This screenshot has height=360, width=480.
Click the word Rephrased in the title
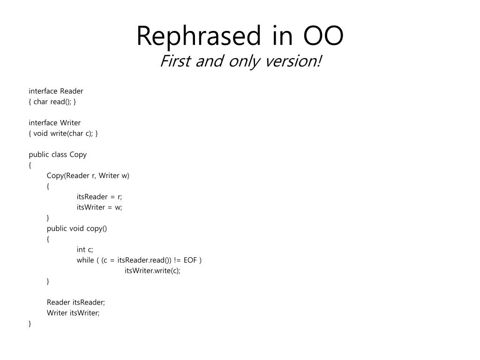(199, 37)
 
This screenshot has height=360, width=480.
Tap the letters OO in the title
(323, 36)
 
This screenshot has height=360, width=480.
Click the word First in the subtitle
(175, 60)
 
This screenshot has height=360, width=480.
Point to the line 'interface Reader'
(56, 91)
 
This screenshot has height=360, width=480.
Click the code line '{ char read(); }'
(52, 102)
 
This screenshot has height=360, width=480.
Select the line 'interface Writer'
(55, 123)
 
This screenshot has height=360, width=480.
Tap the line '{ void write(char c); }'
(63, 134)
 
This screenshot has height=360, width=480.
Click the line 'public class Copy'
(58, 155)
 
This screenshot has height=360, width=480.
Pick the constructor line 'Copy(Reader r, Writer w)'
(88, 176)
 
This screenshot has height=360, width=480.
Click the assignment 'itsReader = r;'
(99, 197)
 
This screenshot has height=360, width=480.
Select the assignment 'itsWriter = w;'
(99, 207)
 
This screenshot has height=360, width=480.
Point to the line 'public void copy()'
(77, 229)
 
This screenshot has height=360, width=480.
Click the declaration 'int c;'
(85, 249)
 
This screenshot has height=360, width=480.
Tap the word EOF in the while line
(190, 260)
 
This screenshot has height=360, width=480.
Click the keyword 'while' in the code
(85, 260)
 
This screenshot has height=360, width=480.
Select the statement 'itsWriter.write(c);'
(152, 271)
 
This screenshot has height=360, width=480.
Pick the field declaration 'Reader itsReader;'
(76, 302)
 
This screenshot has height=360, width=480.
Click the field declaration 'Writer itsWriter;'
(73, 313)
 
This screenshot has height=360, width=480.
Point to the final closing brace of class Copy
(30, 323)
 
